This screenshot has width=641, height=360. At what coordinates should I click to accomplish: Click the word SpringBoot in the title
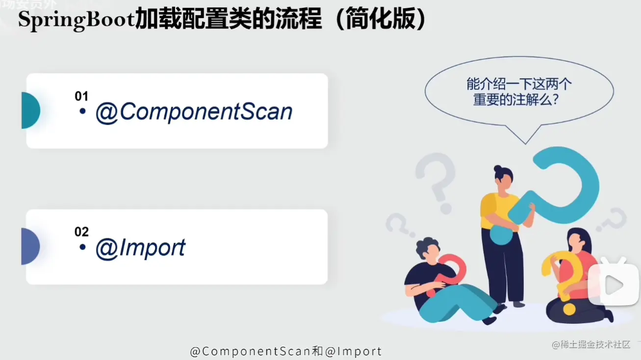click(77, 20)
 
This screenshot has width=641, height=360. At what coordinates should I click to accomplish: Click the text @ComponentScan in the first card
click(194, 112)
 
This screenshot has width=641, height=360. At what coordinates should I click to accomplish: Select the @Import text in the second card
click(140, 248)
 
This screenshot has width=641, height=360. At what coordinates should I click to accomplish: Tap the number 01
click(81, 96)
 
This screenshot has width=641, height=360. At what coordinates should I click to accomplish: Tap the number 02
click(81, 232)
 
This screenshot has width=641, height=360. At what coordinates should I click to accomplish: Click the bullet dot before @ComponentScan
click(83, 111)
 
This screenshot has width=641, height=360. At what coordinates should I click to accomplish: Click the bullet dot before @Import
click(83, 247)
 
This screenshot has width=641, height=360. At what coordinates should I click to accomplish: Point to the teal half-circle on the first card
click(30, 110)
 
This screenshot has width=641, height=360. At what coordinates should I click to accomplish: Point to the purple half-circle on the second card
click(30, 246)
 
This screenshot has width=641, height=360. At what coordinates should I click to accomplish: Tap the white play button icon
click(614, 285)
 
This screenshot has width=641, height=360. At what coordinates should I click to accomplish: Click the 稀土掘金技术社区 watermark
click(591, 344)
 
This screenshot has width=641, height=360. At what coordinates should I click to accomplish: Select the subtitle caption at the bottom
click(286, 351)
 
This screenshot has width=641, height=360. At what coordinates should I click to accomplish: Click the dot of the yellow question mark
click(569, 309)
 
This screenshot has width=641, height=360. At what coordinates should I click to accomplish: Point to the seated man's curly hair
click(427, 247)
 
